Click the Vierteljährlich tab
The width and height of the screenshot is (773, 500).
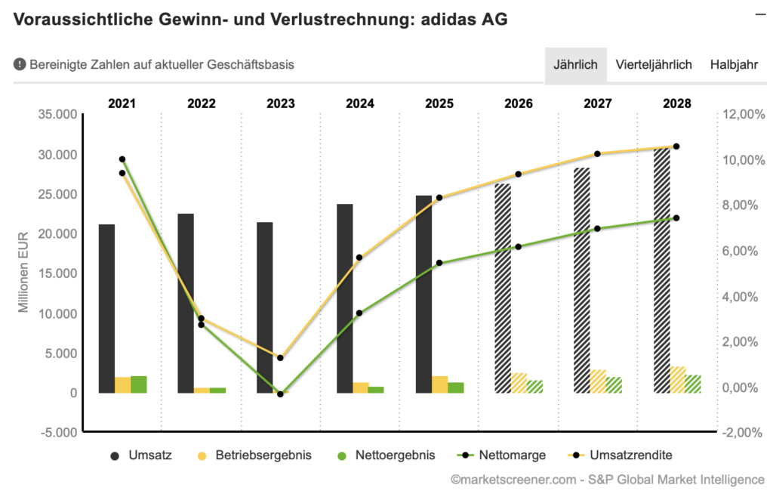click(654, 65)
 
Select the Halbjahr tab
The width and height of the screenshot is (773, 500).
click(733, 65)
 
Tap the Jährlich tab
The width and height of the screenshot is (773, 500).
click(575, 65)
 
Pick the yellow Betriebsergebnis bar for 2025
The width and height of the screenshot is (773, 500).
click(439, 384)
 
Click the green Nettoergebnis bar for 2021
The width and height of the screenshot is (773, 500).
click(139, 384)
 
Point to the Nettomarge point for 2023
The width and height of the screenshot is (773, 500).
click(280, 394)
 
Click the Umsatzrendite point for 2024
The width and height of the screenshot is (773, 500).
click(359, 258)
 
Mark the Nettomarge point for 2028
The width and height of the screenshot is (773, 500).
click(676, 218)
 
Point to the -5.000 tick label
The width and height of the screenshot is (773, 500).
click(59, 433)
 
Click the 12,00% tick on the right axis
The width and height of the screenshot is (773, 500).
click(743, 115)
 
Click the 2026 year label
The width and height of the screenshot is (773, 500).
click(518, 103)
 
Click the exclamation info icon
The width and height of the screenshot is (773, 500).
click(20, 65)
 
